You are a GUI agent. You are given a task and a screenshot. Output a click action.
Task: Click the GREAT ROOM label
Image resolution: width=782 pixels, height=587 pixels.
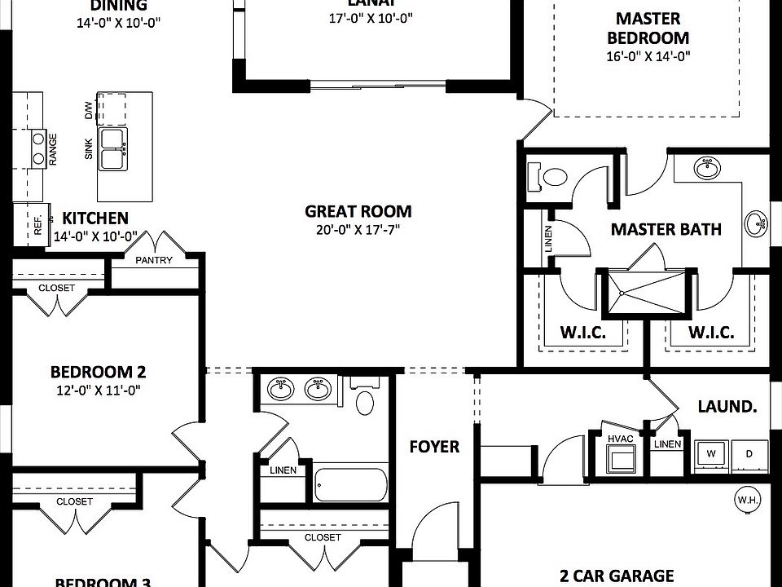(x=358, y=211)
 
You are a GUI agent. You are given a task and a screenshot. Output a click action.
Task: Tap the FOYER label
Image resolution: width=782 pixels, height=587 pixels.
(x=433, y=447)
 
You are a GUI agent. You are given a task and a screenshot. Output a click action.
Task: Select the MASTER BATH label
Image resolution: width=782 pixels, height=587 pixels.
(x=666, y=230)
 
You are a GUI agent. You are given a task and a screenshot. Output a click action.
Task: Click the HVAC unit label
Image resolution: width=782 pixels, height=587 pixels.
(x=619, y=438)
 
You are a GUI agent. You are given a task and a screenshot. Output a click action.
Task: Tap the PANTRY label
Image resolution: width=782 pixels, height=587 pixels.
(x=154, y=261)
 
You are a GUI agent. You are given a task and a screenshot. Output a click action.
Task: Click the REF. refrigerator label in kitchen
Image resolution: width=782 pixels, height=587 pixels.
(x=37, y=225)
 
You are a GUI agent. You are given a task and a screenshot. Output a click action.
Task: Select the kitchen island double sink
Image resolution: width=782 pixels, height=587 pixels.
(x=112, y=148)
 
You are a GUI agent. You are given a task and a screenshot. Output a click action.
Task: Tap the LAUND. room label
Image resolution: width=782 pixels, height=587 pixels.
(x=726, y=406)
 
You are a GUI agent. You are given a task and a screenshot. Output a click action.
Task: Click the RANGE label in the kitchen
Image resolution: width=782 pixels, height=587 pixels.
(x=53, y=150)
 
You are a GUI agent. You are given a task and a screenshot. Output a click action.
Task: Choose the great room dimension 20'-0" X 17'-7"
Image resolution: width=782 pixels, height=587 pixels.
(x=358, y=230)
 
